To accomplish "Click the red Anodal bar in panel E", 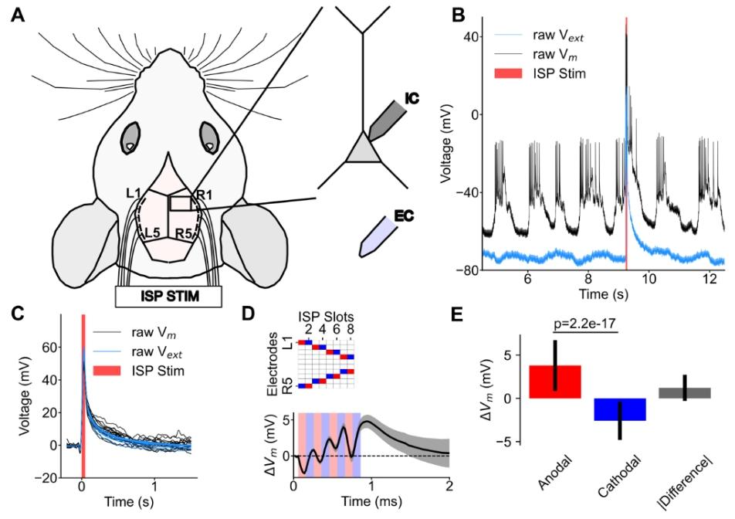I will pos(554,382).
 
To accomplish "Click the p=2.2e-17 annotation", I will pos(582,324).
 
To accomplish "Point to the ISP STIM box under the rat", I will pos(168,296).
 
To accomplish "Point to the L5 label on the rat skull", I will pos(153,231).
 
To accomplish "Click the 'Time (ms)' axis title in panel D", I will pos(371,505).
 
